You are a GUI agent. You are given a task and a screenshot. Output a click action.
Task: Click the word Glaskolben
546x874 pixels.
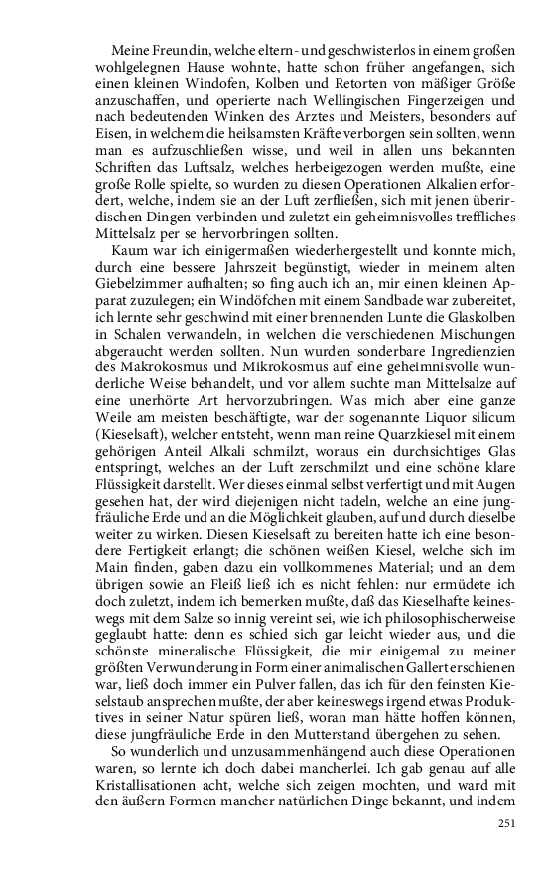pyautogui.click(x=477, y=320)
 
